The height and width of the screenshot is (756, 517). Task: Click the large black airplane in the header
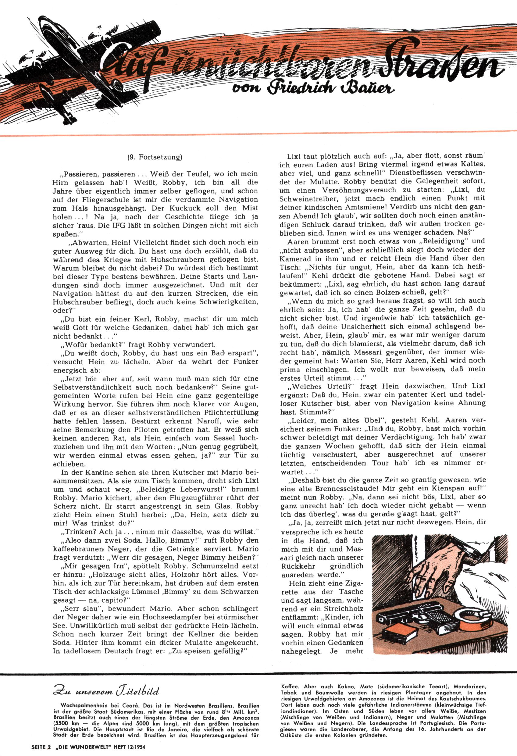[75, 59]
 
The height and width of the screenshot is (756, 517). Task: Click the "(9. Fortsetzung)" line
[155, 157]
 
